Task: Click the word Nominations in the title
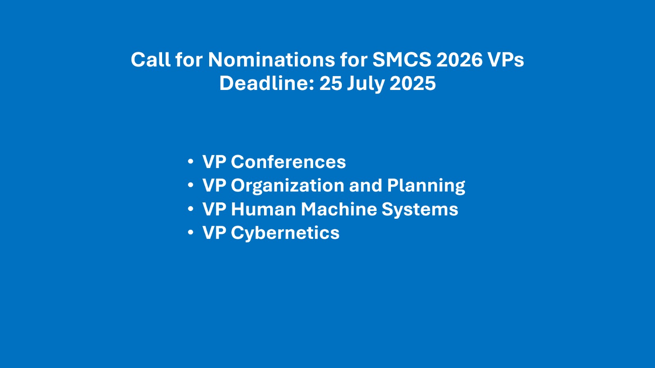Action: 271,60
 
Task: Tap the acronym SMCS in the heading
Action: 402,60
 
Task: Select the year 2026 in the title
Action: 459,60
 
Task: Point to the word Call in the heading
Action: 151,60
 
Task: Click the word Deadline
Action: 267,83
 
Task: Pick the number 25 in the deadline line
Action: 331,83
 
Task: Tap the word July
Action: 366,84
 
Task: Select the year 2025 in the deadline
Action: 413,83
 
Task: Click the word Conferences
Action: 288,162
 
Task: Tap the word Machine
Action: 339,209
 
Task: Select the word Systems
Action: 420,210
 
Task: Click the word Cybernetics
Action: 285,233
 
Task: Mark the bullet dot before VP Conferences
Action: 191,162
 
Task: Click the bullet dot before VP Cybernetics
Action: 191,233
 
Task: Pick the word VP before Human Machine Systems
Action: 214,209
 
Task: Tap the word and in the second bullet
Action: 366,185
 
